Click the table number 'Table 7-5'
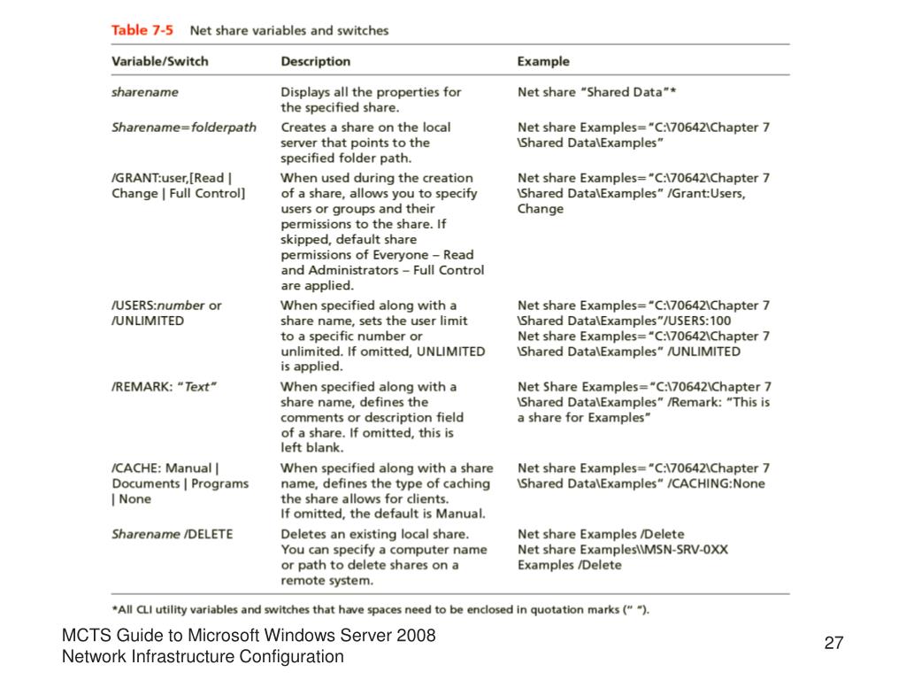point(142,30)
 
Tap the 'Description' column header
point(315,61)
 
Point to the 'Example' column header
point(543,61)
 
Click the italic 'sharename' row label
point(144,92)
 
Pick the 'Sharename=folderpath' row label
point(184,127)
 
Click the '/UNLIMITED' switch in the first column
point(148,321)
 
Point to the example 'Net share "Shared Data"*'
point(597,92)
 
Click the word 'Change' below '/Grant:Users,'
point(541,209)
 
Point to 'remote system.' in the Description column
point(326,581)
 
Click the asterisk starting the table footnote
point(115,608)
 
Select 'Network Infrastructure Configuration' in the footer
point(202,657)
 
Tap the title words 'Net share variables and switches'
point(289,30)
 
